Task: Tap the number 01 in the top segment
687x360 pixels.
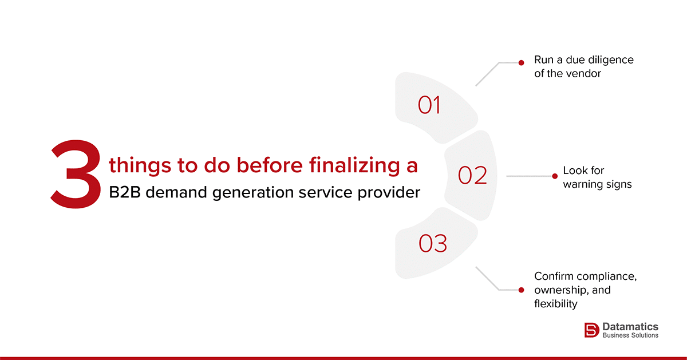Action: (x=429, y=105)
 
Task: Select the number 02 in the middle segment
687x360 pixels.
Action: (x=472, y=176)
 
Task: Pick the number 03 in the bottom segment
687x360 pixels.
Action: (x=433, y=244)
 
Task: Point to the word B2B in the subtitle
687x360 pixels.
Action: (x=124, y=193)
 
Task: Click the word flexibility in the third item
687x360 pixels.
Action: (x=556, y=304)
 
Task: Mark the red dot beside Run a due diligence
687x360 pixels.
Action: (x=521, y=63)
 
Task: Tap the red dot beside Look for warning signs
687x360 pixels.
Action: (x=554, y=176)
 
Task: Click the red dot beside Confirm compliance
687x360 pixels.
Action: (x=521, y=290)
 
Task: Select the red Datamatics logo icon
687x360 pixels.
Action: (x=591, y=330)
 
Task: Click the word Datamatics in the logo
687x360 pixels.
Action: (x=630, y=326)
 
